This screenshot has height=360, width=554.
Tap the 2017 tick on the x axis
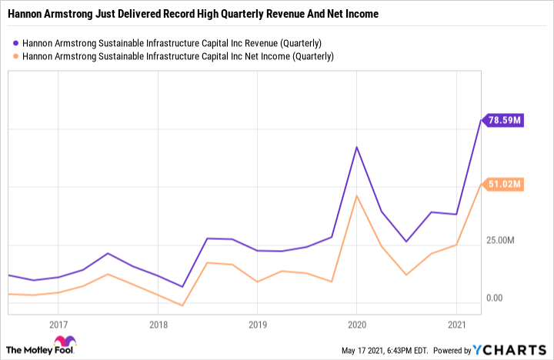(58, 325)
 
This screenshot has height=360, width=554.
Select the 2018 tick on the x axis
(157, 325)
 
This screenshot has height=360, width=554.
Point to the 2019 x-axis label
(257, 325)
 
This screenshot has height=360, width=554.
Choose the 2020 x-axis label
(357, 325)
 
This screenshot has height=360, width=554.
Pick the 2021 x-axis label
(457, 325)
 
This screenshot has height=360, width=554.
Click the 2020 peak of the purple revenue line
(357, 147)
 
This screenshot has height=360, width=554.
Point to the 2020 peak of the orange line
(357, 196)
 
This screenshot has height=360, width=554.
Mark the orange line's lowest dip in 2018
(182, 305)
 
